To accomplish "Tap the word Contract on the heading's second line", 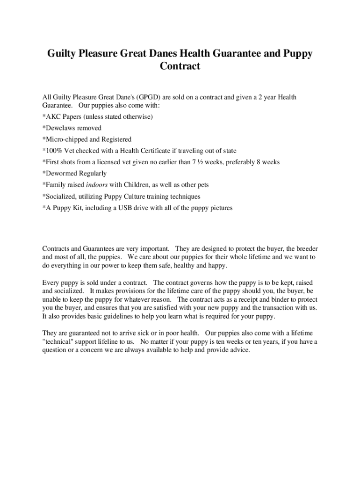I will click(180, 66).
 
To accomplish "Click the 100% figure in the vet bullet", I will click(52, 151).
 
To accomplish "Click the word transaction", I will click(274, 308).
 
